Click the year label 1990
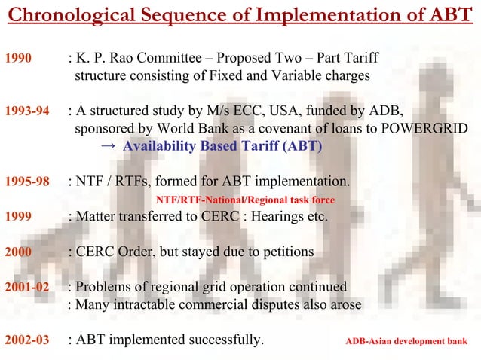coord(18,57)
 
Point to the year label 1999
coord(18,217)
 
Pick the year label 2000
coord(18,252)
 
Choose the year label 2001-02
coord(27,287)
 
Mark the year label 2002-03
coord(27,340)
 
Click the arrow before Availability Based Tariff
coord(108,146)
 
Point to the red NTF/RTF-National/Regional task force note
coord(244,200)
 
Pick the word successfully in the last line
coord(224,340)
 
